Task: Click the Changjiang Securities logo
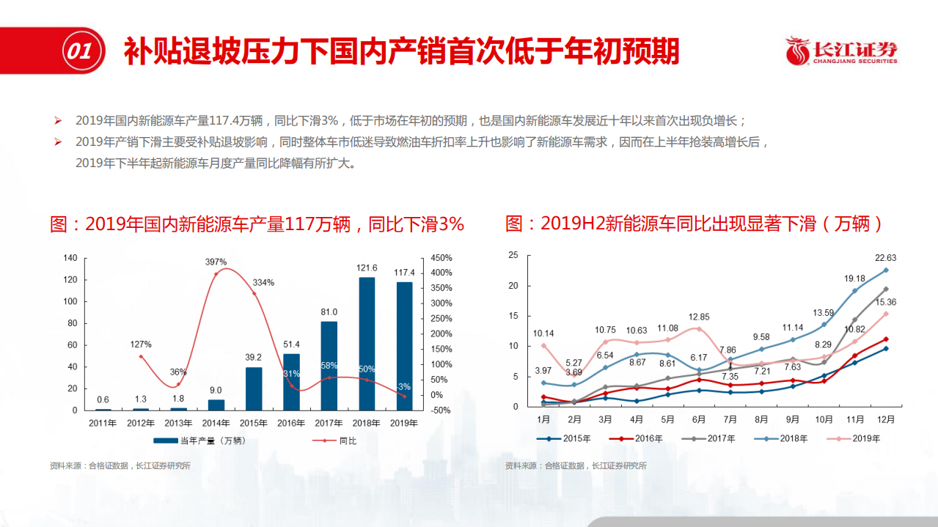(x=840, y=51)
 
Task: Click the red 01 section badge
(x=78, y=51)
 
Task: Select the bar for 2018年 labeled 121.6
(x=367, y=343)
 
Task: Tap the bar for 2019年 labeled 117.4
(x=404, y=346)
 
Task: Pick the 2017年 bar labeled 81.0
(x=329, y=365)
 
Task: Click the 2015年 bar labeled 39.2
(x=254, y=388)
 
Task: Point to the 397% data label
(x=216, y=262)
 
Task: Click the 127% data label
(x=141, y=344)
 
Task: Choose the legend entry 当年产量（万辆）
(x=199, y=441)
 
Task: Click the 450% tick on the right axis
(x=441, y=257)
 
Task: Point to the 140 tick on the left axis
(x=70, y=258)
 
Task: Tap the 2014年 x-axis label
(x=216, y=423)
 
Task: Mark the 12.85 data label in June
(x=698, y=317)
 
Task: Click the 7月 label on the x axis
(x=730, y=420)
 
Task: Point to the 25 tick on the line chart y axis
(x=513, y=255)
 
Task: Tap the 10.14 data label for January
(x=543, y=333)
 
